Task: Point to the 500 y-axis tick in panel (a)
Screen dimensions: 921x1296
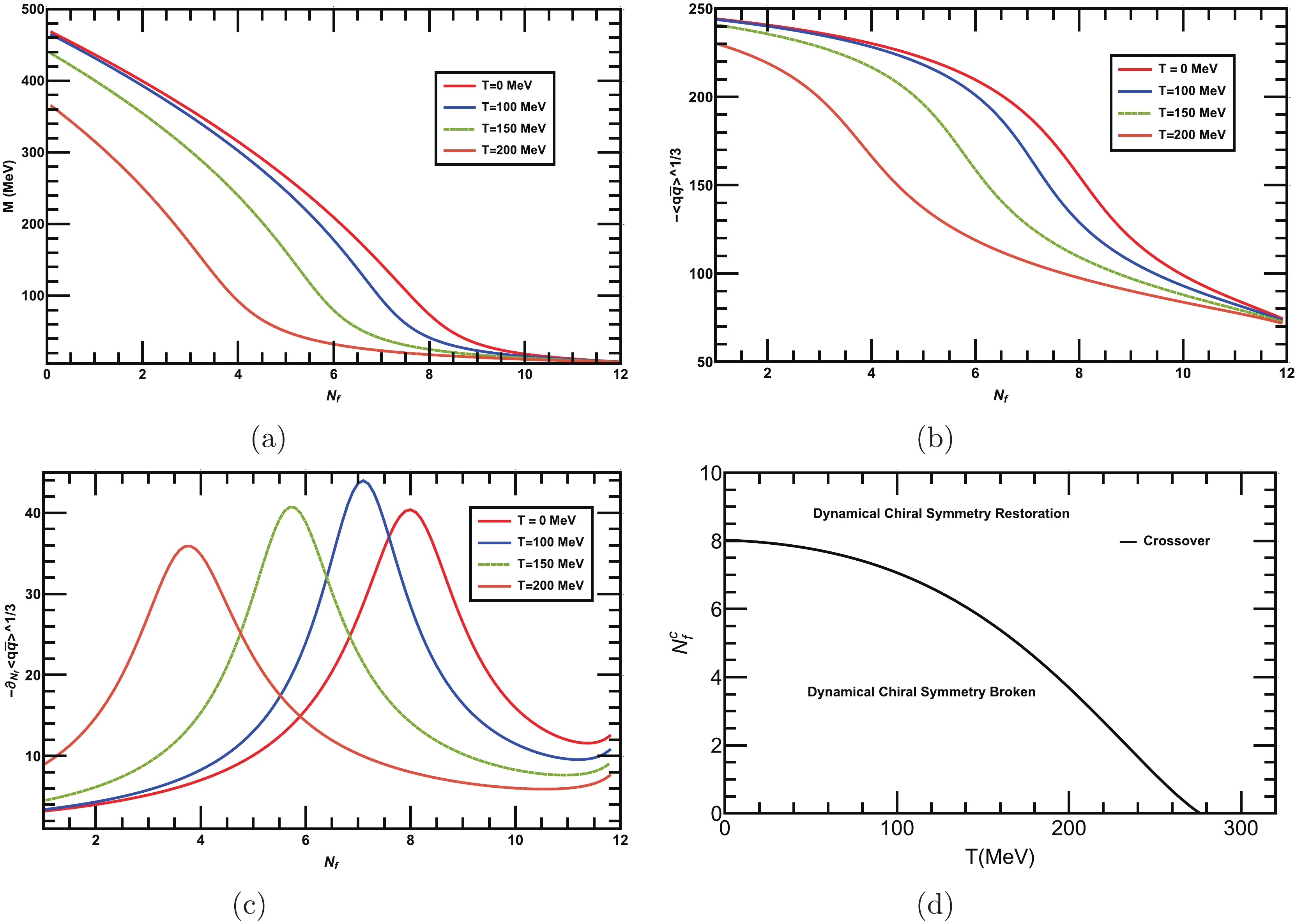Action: pyautogui.click(x=33, y=10)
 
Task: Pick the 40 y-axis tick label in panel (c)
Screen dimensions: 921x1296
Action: pyautogui.click(x=33, y=513)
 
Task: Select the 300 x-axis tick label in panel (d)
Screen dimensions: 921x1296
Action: pyautogui.click(x=1240, y=829)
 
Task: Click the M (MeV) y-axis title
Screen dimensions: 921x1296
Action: pyautogui.click(x=9, y=186)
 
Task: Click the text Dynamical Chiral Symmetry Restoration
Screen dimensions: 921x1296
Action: pyautogui.click(x=941, y=514)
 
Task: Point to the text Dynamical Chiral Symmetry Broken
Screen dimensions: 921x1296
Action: pyautogui.click(x=921, y=692)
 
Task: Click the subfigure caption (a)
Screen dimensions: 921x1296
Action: pyautogui.click(x=268, y=438)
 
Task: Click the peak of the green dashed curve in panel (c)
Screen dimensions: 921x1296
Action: pyautogui.click(x=292, y=507)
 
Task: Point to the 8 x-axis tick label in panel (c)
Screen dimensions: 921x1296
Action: pyautogui.click(x=410, y=840)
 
